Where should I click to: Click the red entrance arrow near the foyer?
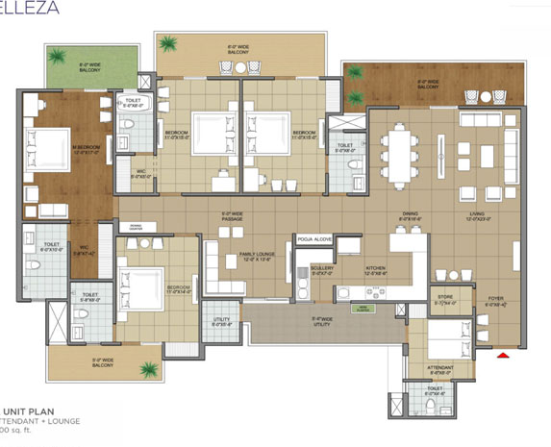[501, 357]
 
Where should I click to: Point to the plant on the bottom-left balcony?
[147, 368]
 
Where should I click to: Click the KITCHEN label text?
[376, 269]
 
